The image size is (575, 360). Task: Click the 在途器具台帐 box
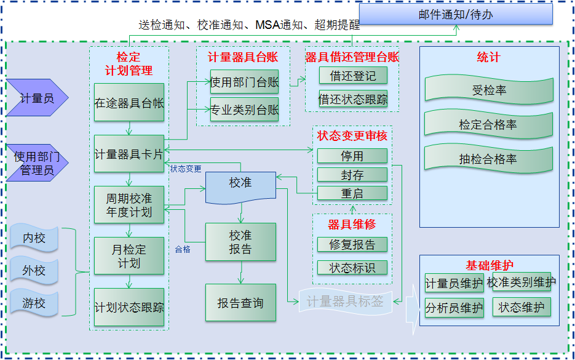pyautogui.click(x=129, y=103)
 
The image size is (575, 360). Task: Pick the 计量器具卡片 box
pyautogui.click(x=129, y=154)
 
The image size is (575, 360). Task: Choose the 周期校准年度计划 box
pyautogui.click(x=129, y=206)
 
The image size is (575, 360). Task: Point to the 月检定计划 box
pyautogui.click(x=129, y=256)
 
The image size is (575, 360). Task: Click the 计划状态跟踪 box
pyautogui.click(x=129, y=306)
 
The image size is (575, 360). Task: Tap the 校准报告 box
pyautogui.click(x=240, y=242)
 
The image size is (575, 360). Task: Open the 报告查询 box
pyautogui.click(x=240, y=303)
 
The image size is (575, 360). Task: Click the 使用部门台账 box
pyautogui.click(x=244, y=82)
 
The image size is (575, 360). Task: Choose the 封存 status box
pyautogui.click(x=352, y=175)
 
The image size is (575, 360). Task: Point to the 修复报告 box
pyautogui.click(x=352, y=244)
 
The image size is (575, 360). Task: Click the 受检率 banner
pyautogui.click(x=489, y=90)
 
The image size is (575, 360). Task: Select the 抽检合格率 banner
pyautogui.click(x=489, y=159)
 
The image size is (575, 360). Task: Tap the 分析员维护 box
pyautogui.click(x=454, y=308)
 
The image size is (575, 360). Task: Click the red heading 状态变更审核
pyautogui.click(x=352, y=135)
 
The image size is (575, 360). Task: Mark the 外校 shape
pyautogui.click(x=34, y=270)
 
